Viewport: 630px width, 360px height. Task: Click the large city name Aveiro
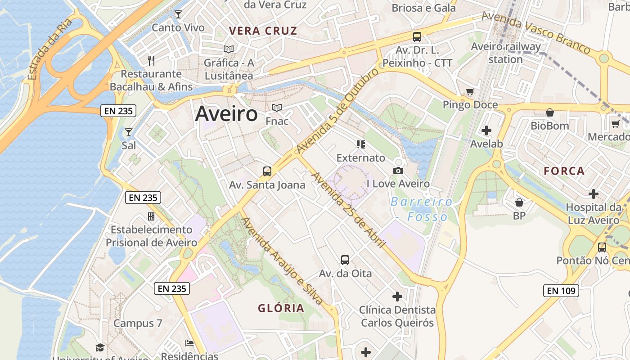pos(226,113)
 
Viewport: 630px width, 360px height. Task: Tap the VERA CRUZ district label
pos(263,31)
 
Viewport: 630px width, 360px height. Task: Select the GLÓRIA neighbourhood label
pos(281,308)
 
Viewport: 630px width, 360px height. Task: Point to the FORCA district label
pos(564,171)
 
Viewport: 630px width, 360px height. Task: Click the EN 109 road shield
pos(561,291)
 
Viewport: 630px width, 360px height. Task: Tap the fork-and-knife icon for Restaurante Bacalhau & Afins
pos(151,60)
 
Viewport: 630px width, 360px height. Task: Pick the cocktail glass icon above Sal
pos(129,132)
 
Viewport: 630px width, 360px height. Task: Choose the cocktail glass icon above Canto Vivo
pos(178,14)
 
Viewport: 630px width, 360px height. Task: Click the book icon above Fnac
pos(277,108)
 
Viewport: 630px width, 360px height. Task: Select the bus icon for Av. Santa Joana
pos(267,171)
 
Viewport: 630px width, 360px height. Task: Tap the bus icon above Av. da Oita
pos(345,260)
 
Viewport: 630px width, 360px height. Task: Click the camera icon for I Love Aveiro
pos(398,171)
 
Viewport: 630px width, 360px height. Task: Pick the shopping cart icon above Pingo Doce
pos(470,92)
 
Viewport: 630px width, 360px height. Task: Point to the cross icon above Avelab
pos(486,131)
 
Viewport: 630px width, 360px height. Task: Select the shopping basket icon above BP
pos(519,202)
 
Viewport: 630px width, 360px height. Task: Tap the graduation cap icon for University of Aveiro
pos(100,347)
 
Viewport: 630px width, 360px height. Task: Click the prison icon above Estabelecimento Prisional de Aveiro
pos(151,216)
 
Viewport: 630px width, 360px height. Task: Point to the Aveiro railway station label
pos(506,53)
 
